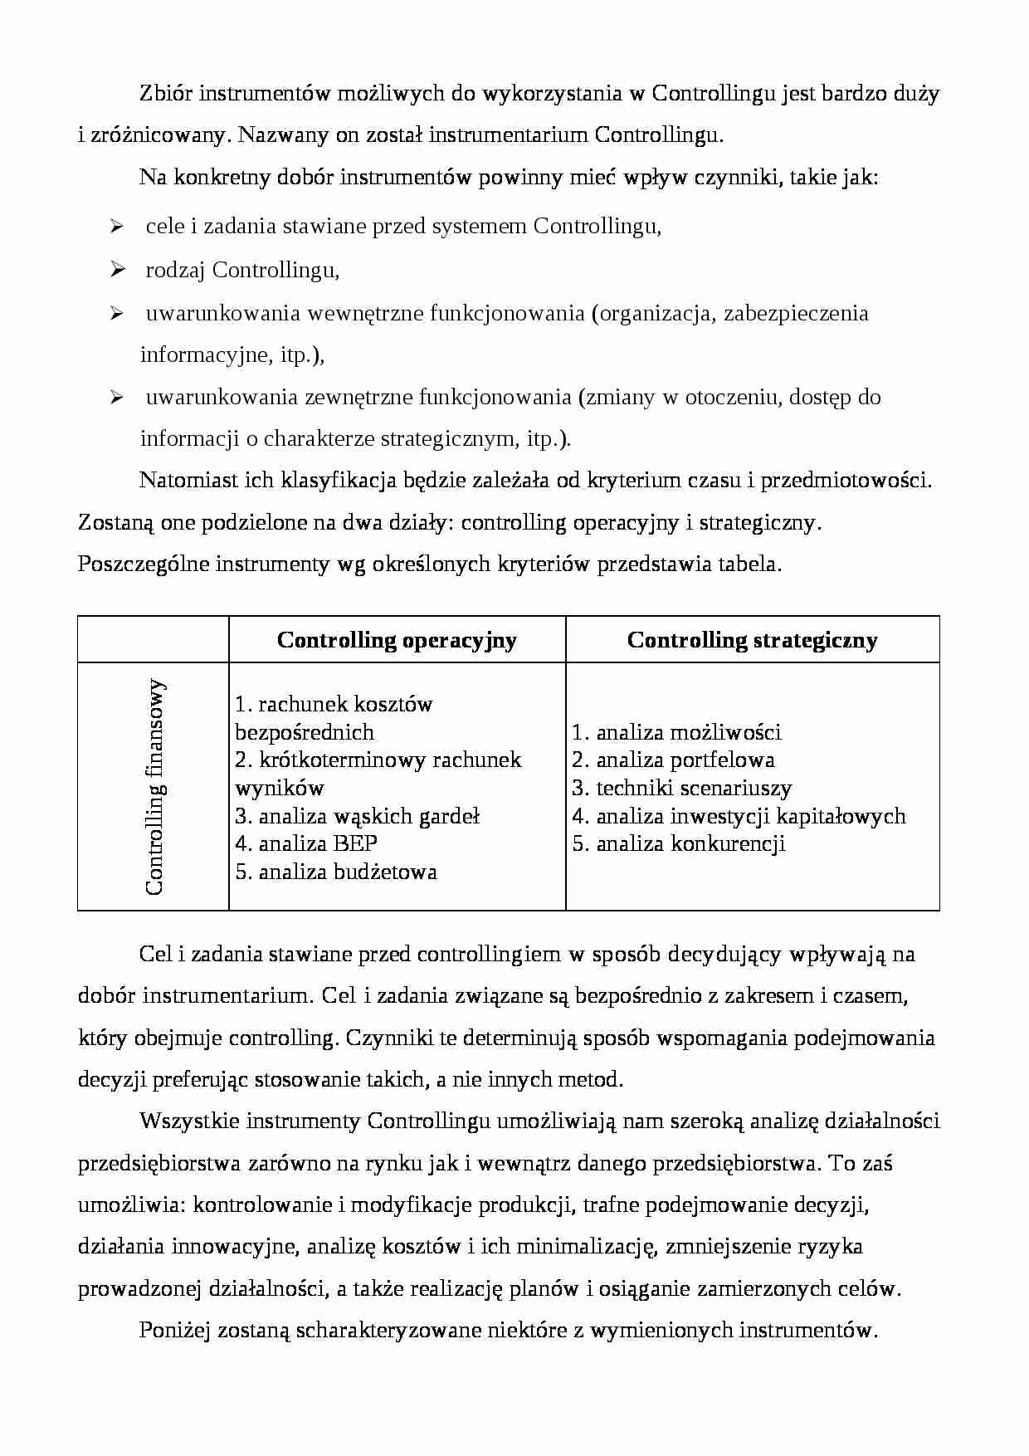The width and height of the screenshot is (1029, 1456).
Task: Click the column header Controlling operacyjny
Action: click(397, 640)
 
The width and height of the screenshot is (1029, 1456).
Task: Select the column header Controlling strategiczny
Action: click(752, 640)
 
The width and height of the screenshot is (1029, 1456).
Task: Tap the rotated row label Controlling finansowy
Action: click(154, 787)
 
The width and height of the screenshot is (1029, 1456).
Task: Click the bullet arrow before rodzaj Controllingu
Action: click(117, 269)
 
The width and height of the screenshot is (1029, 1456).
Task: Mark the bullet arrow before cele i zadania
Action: click(117, 226)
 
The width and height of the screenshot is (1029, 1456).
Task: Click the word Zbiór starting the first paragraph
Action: click(166, 93)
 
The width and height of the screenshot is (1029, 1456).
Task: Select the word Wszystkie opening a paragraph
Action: click(190, 1121)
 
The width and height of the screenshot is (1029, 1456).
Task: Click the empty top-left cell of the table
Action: click(154, 639)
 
